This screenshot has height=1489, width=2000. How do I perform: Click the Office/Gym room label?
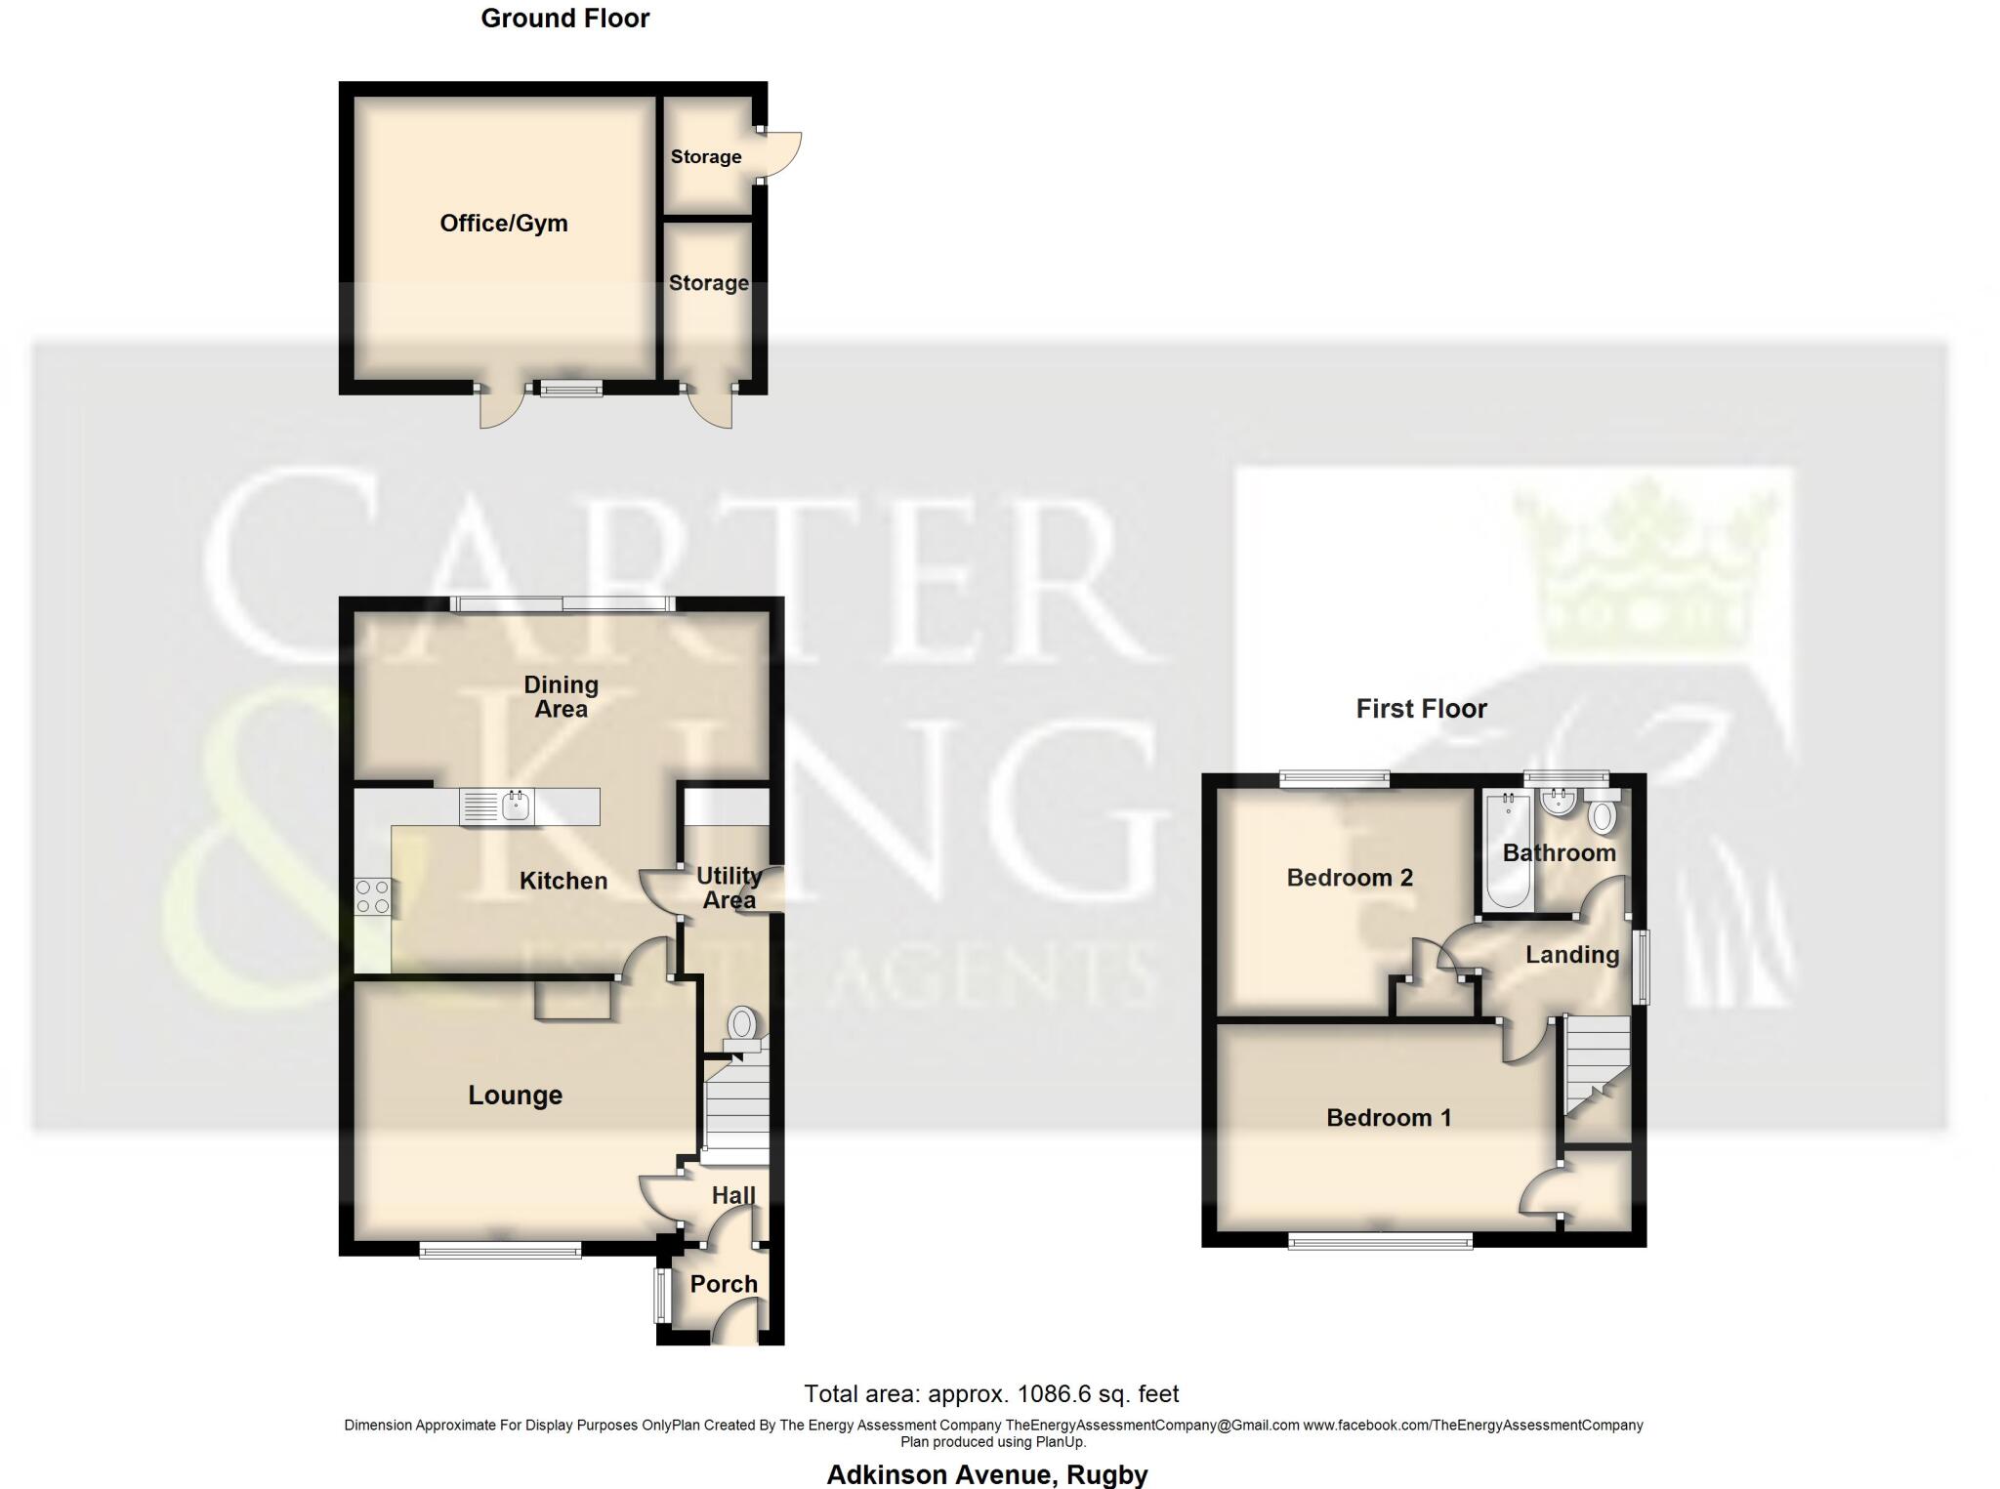click(x=503, y=224)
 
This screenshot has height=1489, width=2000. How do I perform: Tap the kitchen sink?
click(x=515, y=807)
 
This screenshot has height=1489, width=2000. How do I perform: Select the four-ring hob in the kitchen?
click(x=372, y=897)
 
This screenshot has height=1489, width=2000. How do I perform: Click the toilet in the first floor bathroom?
click(x=1602, y=816)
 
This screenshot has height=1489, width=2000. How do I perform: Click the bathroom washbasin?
click(x=1557, y=803)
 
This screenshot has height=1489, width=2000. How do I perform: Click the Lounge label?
click(x=515, y=1096)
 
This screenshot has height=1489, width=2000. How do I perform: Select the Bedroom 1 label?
click(x=1388, y=1118)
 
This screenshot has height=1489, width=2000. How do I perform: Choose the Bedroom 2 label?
click(x=1349, y=878)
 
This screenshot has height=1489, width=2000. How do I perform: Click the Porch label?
click(x=724, y=1284)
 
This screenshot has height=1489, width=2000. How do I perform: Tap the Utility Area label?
click(x=729, y=888)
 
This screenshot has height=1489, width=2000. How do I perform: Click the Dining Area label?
click(x=561, y=697)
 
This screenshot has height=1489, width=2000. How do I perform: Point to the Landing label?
click(x=1571, y=955)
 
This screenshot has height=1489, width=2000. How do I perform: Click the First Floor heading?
click(x=1421, y=709)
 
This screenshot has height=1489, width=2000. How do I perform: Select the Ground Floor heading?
click(x=564, y=19)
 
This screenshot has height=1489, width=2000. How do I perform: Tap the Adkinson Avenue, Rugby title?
click(x=987, y=1474)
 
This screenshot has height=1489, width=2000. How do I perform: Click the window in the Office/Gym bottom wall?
click(x=571, y=390)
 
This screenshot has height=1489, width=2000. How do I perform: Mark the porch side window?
click(x=660, y=1295)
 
